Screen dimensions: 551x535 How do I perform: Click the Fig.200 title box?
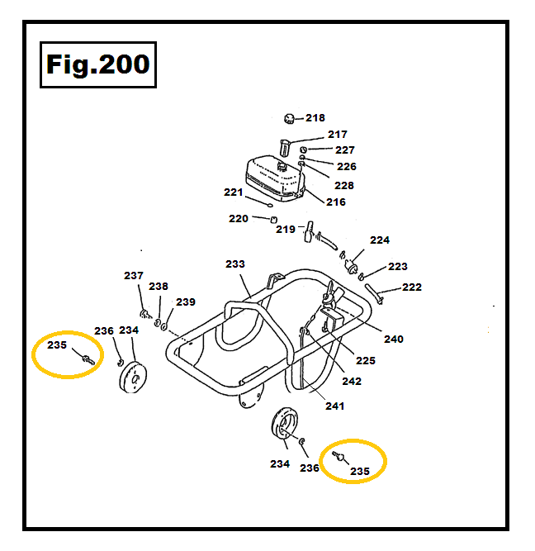click(x=97, y=64)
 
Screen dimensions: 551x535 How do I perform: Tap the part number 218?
click(x=315, y=118)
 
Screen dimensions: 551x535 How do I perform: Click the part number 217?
click(x=337, y=135)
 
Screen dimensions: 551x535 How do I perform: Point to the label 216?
click(x=336, y=202)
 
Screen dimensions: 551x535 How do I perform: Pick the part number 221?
click(x=234, y=192)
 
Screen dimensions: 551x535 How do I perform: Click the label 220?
click(x=239, y=219)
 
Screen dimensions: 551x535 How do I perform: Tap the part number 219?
click(x=286, y=229)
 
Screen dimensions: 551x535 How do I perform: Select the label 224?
click(x=380, y=240)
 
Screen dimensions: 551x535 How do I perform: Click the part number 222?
click(x=411, y=287)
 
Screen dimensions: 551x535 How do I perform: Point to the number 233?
click(x=235, y=264)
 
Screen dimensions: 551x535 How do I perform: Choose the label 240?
click(x=394, y=339)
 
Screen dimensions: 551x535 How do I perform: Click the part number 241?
click(x=334, y=406)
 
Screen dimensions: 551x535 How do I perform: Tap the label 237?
click(x=134, y=276)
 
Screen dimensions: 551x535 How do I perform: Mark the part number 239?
click(x=186, y=302)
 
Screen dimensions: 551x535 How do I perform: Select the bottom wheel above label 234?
click(x=285, y=428)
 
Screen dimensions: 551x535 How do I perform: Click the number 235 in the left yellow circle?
click(x=57, y=345)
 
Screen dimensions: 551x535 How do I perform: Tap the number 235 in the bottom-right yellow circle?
click(x=360, y=471)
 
